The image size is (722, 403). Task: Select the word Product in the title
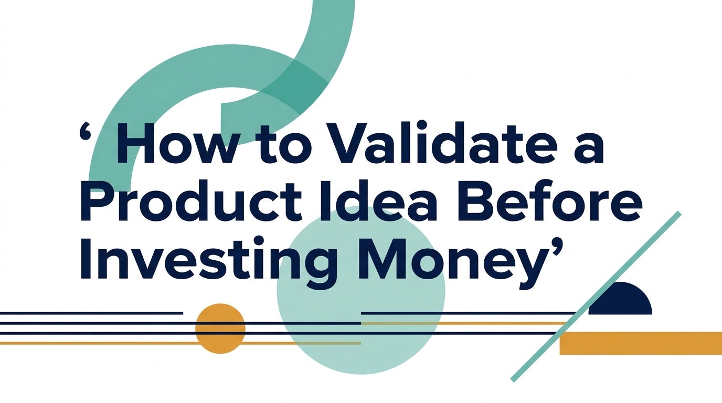[x=191, y=201]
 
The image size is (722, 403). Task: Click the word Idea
[x=377, y=201]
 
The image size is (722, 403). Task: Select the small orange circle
[x=220, y=328]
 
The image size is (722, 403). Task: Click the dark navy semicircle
[x=620, y=299]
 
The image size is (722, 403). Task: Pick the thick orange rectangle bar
[x=641, y=343]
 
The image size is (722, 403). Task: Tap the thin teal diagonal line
[x=596, y=296]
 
